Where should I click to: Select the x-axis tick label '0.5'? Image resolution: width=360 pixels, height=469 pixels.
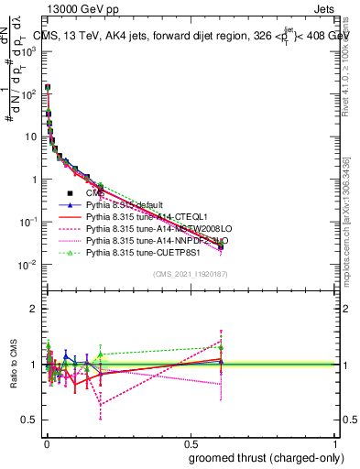190,444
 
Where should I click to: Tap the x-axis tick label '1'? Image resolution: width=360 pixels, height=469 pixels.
335,444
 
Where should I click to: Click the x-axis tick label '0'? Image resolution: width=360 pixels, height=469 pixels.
45,444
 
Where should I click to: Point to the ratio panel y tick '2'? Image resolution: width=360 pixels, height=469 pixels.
32,310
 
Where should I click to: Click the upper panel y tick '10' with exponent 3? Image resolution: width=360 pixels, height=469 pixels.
27,51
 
